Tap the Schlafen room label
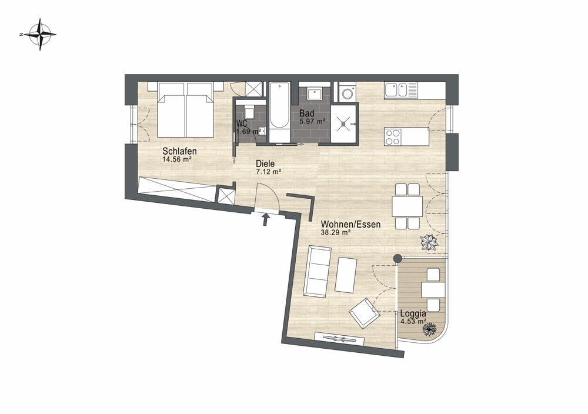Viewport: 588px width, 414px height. click(179, 152)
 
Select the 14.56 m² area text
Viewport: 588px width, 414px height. click(177, 159)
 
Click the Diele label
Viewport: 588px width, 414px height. click(265, 164)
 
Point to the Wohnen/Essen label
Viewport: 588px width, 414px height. click(350, 224)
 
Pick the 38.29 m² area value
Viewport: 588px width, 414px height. click(336, 232)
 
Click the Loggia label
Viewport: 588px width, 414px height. click(413, 313)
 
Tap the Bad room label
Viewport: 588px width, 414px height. click(306, 113)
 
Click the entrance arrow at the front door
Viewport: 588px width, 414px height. click(266, 219)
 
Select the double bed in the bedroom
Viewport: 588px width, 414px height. click(186, 110)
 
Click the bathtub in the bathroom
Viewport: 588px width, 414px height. click(280, 112)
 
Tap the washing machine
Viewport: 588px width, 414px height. click(348, 92)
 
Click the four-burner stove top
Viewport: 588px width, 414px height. click(393, 136)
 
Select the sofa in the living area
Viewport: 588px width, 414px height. click(318, 272)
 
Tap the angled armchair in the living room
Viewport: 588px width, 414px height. click(364, 313)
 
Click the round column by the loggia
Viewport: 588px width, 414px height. click(397, 258)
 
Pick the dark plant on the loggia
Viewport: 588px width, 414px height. click(429, 329)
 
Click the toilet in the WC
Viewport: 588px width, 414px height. click(249, 112)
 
